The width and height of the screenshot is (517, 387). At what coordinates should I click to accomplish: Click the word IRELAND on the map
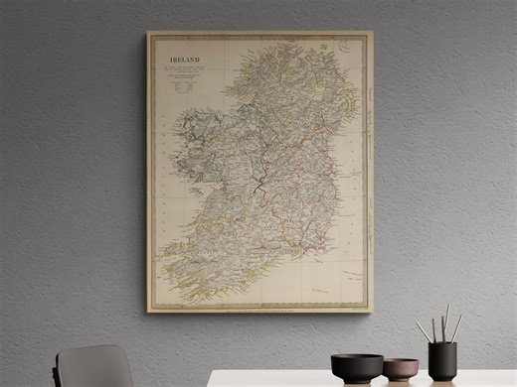[x=183, y=61]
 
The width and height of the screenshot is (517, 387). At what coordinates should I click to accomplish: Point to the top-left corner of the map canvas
[x=148, y=32]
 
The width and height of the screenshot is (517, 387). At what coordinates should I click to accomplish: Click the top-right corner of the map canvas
[x=372, y=32]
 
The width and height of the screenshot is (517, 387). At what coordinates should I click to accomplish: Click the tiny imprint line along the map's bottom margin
[x=260, y=306]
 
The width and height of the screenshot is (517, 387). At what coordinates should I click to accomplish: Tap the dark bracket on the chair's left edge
[x=60, y=369]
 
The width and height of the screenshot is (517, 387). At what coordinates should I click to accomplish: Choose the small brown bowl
[x=400, y=369]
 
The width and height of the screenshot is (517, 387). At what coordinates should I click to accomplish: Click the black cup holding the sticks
[x=442, y=360]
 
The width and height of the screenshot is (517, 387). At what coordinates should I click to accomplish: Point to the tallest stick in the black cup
[x=446, y=321]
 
